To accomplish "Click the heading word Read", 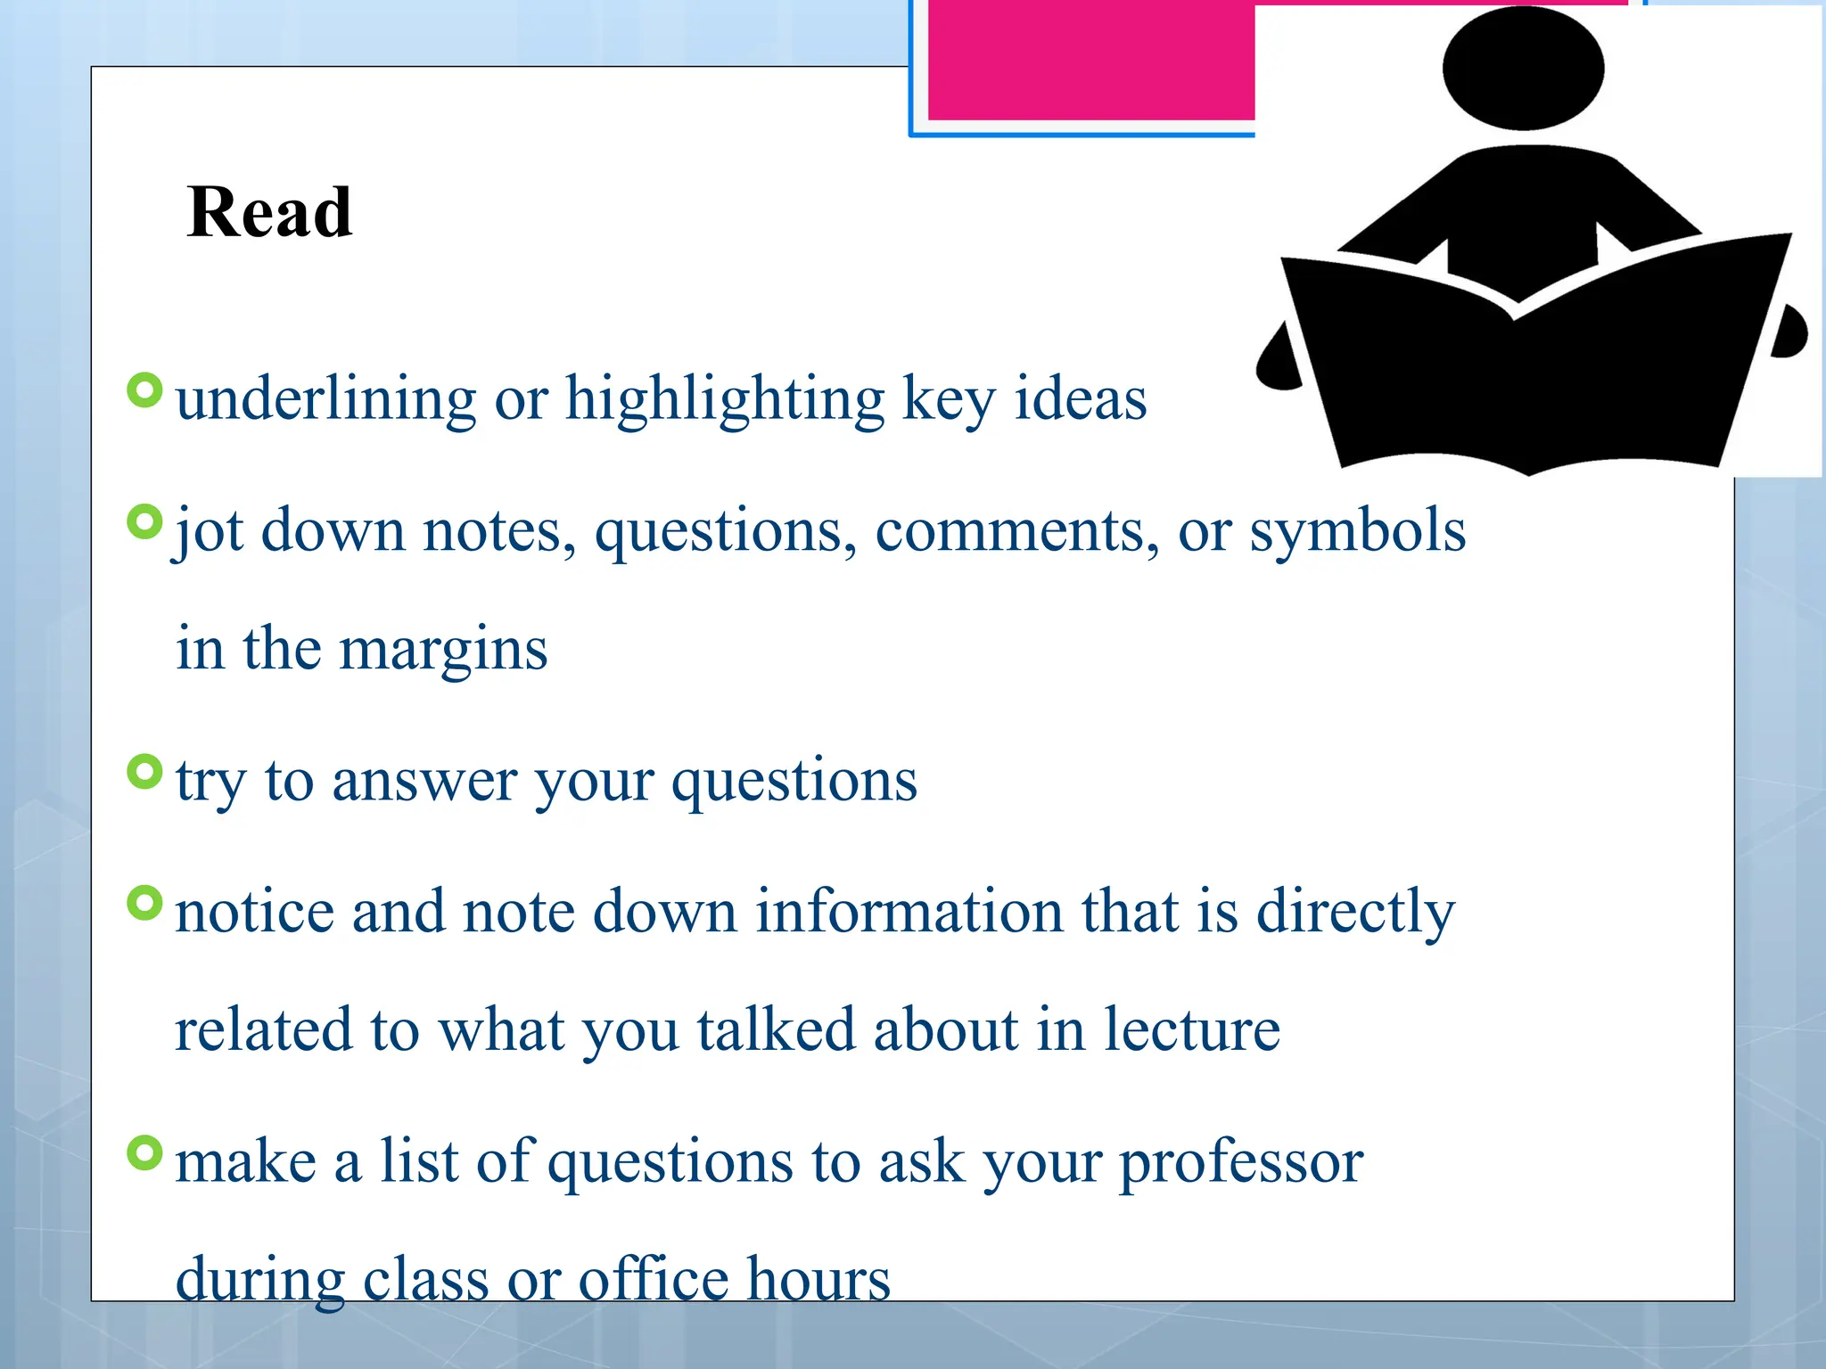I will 269,213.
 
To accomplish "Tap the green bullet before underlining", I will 144,390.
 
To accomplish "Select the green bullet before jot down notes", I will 144,522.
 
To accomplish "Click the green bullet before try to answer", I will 144,772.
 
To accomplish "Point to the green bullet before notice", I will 144,903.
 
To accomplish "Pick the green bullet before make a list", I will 144,1152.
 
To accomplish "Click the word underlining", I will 326,398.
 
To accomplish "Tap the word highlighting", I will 724,398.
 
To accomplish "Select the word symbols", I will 1357,531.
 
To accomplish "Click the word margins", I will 443,648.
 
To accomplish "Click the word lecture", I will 1192,1029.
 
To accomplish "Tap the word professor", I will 1241,1162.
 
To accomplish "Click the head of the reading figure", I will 1523,69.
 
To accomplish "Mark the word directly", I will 1355,912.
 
